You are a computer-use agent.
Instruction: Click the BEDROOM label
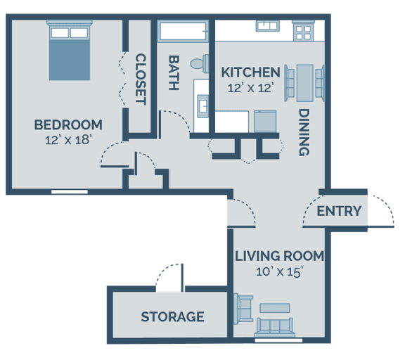click(68, 125)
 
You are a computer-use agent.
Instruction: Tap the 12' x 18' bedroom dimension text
click(68, 140)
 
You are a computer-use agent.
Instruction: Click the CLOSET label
click(139, 79)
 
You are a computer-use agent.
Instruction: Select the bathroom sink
click(202, 105)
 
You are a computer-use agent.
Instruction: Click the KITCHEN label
click(250, 72)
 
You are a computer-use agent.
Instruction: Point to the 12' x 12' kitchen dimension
click(250, 87)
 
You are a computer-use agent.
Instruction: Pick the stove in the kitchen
click(305, 31)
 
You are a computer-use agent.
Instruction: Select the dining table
click(305, 81)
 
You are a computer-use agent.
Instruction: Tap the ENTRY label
click(339, 211)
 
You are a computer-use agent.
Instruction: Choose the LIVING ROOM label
click(279, 255)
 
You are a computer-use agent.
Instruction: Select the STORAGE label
click(172, 317)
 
